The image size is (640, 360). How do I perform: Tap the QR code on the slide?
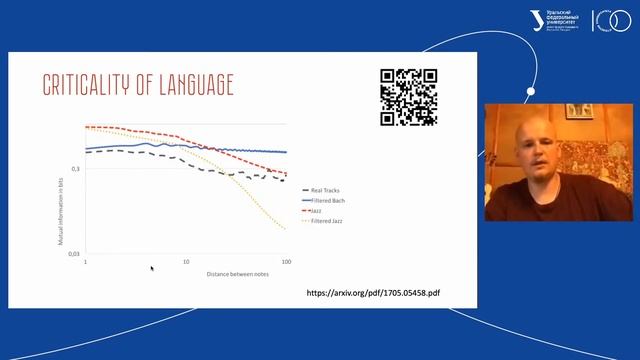tap(409, 97)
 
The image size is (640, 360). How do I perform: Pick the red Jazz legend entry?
tap(315, 210)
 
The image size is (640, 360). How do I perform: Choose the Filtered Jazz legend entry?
tap(325, 219)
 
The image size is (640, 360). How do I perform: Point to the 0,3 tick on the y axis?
tap(75, 169)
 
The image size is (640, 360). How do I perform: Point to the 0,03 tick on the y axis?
tap(73, 254)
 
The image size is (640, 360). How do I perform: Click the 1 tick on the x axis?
tap(86, 262)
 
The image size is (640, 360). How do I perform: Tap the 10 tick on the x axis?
tap(186, 262)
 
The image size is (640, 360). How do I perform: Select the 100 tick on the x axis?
tap(286, 262)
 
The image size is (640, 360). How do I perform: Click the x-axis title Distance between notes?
tap(237, 273)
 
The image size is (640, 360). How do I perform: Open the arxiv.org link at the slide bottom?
tap(372, 294)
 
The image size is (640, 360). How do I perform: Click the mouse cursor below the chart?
tap(152, 268)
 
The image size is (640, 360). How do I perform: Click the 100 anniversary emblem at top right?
tap(611, 20)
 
